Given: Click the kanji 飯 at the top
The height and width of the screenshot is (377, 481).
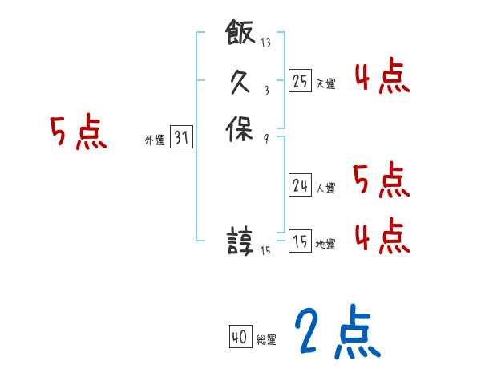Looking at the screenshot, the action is (x=240, y=33).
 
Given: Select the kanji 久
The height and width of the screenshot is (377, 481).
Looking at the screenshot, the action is (x=240, y=81).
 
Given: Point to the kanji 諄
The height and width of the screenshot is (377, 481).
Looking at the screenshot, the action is (x=240, y=241).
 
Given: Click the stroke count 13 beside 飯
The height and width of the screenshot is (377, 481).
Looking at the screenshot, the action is (x=265, y=43).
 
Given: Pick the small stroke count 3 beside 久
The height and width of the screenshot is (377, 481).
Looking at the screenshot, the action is (x=265, y=91).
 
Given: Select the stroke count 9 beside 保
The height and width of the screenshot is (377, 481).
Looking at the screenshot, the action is (x=265, y=138).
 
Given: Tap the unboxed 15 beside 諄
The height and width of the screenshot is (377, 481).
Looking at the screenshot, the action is (x=266, y=251).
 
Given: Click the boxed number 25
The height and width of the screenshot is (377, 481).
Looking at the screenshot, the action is (x=300, y=80).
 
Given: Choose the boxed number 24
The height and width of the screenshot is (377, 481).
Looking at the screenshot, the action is (x=300, y=185).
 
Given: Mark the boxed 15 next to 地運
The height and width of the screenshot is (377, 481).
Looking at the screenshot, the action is (x=300, y=241).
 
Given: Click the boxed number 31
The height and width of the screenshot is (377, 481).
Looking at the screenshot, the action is (x=180, y=138).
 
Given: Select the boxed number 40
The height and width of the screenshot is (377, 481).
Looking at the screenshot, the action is (x=239, y=337).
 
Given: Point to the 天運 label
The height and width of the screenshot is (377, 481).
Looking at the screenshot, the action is (x=325, y=83).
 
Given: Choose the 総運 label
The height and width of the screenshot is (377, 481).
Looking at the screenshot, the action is (x=265, y=340).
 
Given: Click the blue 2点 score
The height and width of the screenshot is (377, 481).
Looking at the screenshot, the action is (x=337, y=331).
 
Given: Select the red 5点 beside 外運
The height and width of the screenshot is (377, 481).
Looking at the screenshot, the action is (x=78, y=132).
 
